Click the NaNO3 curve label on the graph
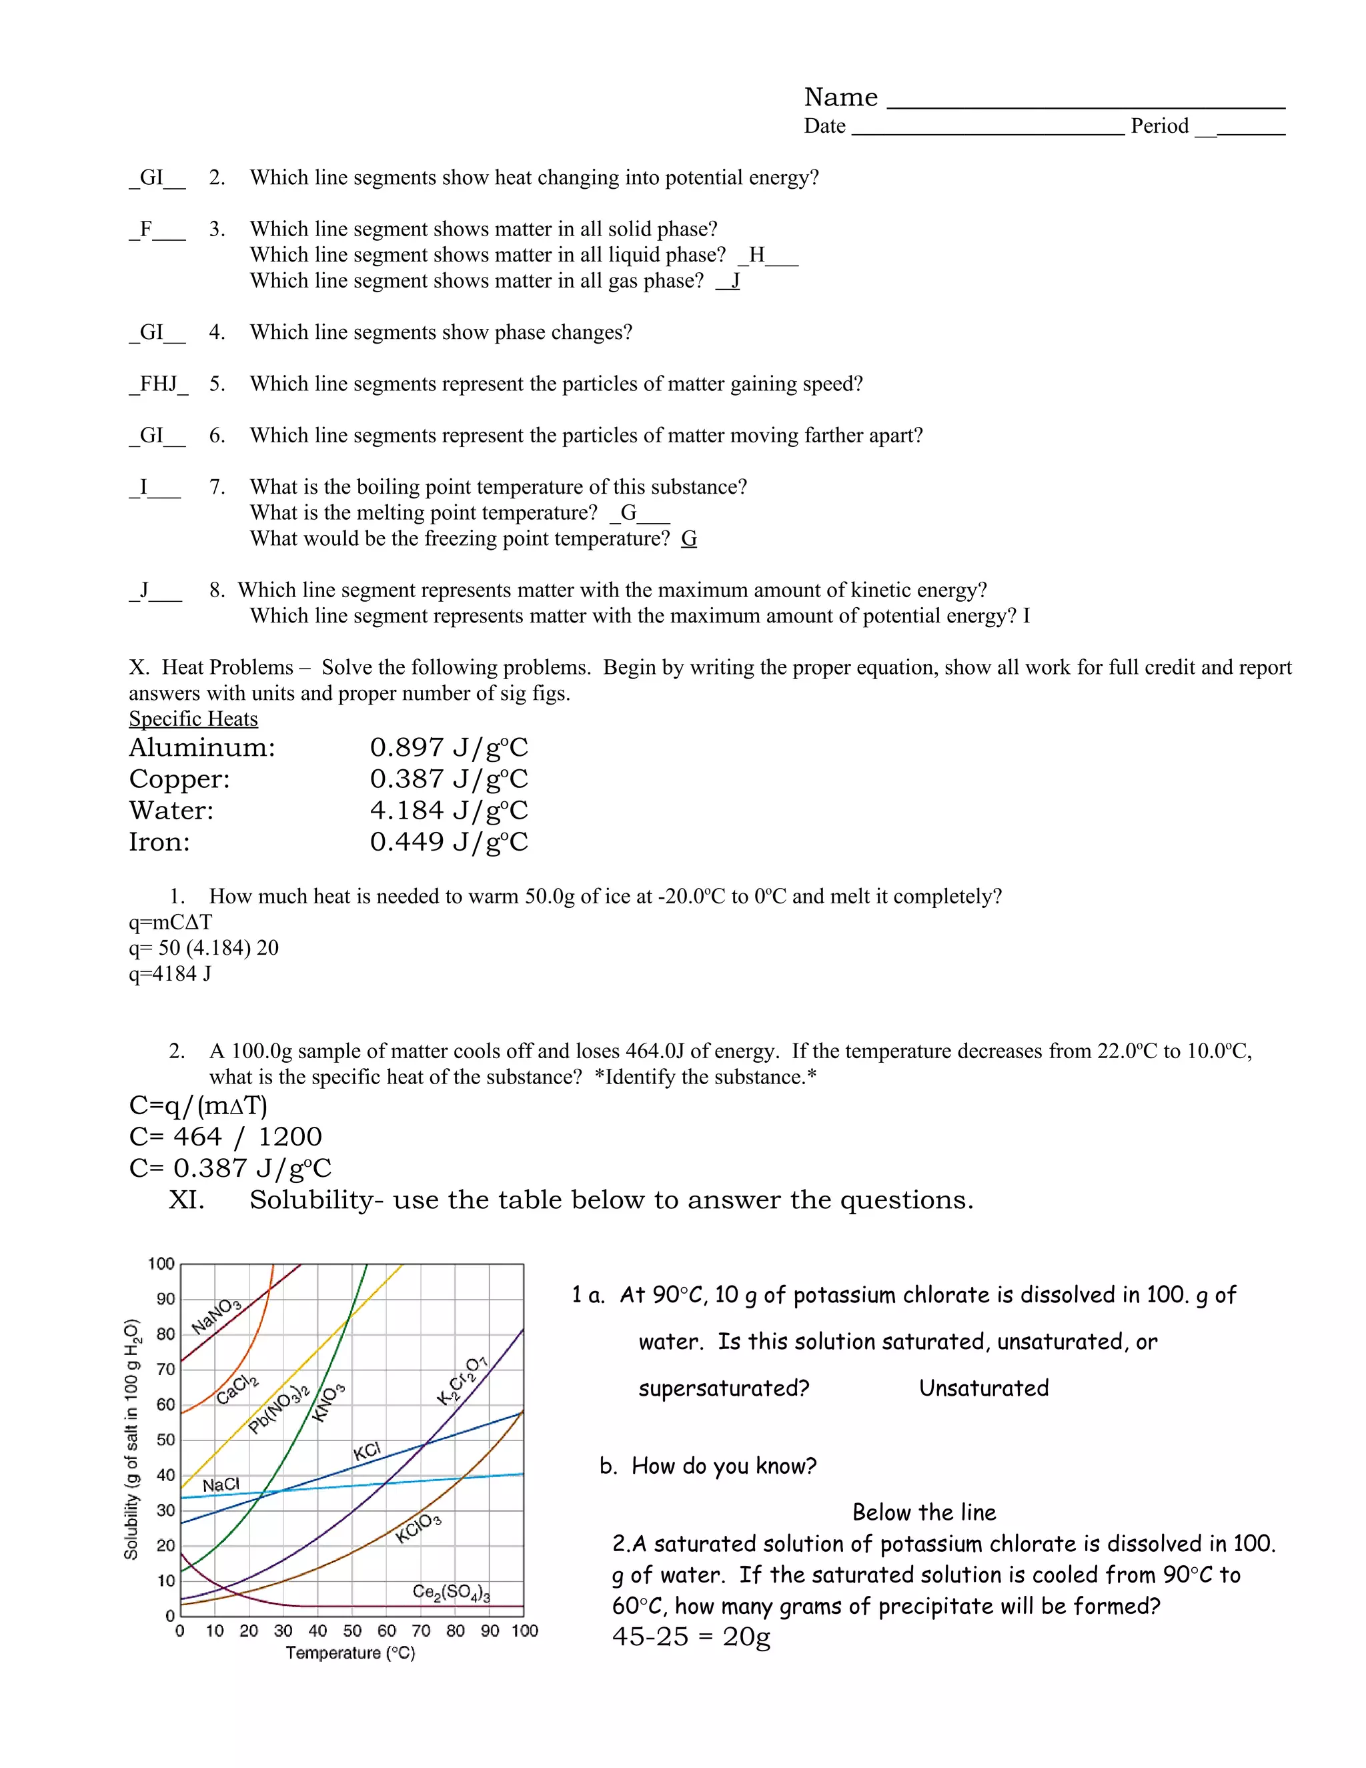[x=216, y=1316]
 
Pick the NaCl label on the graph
[x=220, y=1484]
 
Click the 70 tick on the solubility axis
[x=165, y=1369]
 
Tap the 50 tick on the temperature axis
[x=352, y=1631]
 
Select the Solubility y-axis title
[x=132, y=1438]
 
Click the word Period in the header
[x=1159, y=126]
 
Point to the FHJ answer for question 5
[x=158, y=384]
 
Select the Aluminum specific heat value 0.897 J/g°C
[x=448, y=747]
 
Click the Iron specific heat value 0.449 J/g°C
[x=448, y=842]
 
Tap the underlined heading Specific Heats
[x=193, y=719]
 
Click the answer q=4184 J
[x=170, y=974]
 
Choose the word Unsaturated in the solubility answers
[x=983, y=1388]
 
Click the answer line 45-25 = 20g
[x=691, y=1637]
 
